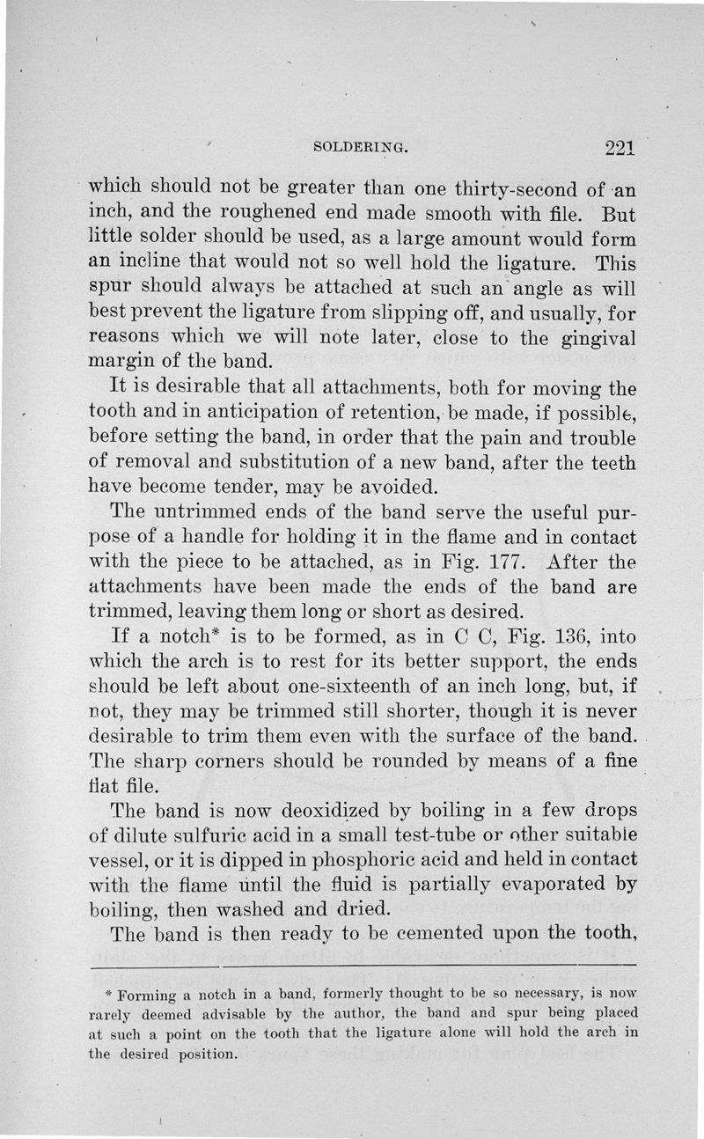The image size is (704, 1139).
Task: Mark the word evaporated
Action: [555, 883]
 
